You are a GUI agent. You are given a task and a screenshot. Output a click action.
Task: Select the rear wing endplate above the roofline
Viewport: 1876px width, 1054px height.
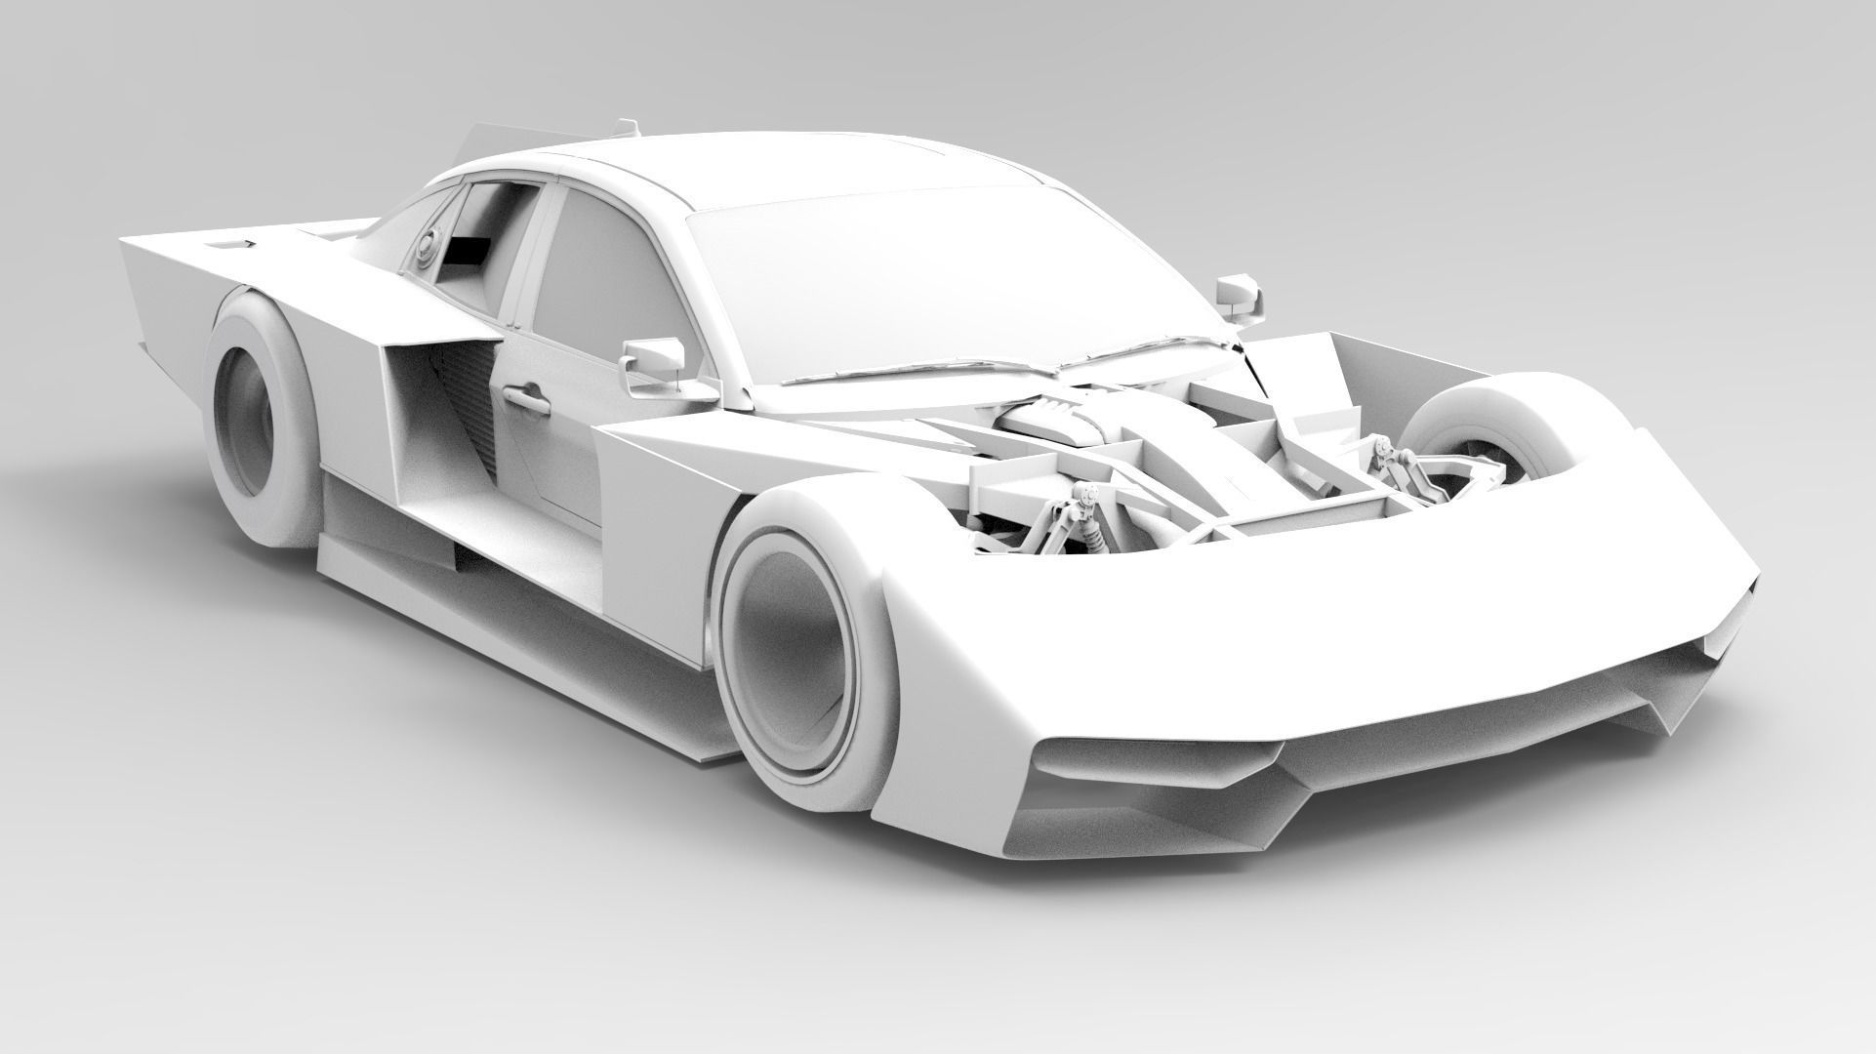[482, 142]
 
